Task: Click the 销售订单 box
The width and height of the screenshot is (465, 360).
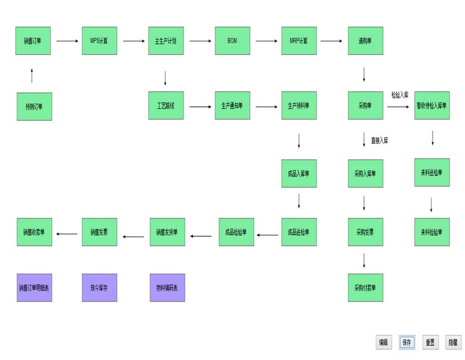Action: [33, 41]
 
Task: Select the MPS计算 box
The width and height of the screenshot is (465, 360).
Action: [99, 41]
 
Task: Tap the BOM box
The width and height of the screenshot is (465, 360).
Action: [232, 41]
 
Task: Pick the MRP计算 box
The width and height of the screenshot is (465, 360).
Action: [298, 41]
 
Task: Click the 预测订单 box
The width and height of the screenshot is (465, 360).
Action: [34, 106]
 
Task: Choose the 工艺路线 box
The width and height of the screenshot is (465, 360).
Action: [166, 105]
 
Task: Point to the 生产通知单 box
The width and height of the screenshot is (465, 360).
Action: [232, 105]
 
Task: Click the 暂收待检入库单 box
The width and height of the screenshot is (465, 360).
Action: [432, 105]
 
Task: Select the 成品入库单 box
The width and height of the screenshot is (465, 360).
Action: [298, 173]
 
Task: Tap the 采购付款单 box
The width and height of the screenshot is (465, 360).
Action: [365, 288]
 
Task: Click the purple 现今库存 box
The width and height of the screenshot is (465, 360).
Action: [99, 288]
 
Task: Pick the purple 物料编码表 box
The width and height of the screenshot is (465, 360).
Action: [167, 288]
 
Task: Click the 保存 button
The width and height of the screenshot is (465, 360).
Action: [406, 343]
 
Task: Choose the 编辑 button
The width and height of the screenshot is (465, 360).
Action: [384, 343]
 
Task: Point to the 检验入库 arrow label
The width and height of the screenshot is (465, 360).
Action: [400, 95]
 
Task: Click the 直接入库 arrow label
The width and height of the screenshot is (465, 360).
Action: [379, 140]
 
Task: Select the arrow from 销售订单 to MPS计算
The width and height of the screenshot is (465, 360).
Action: [67, 41]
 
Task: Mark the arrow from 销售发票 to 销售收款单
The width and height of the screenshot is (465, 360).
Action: [67, 233]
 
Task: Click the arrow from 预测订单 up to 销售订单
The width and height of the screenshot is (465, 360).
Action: [32, 76]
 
